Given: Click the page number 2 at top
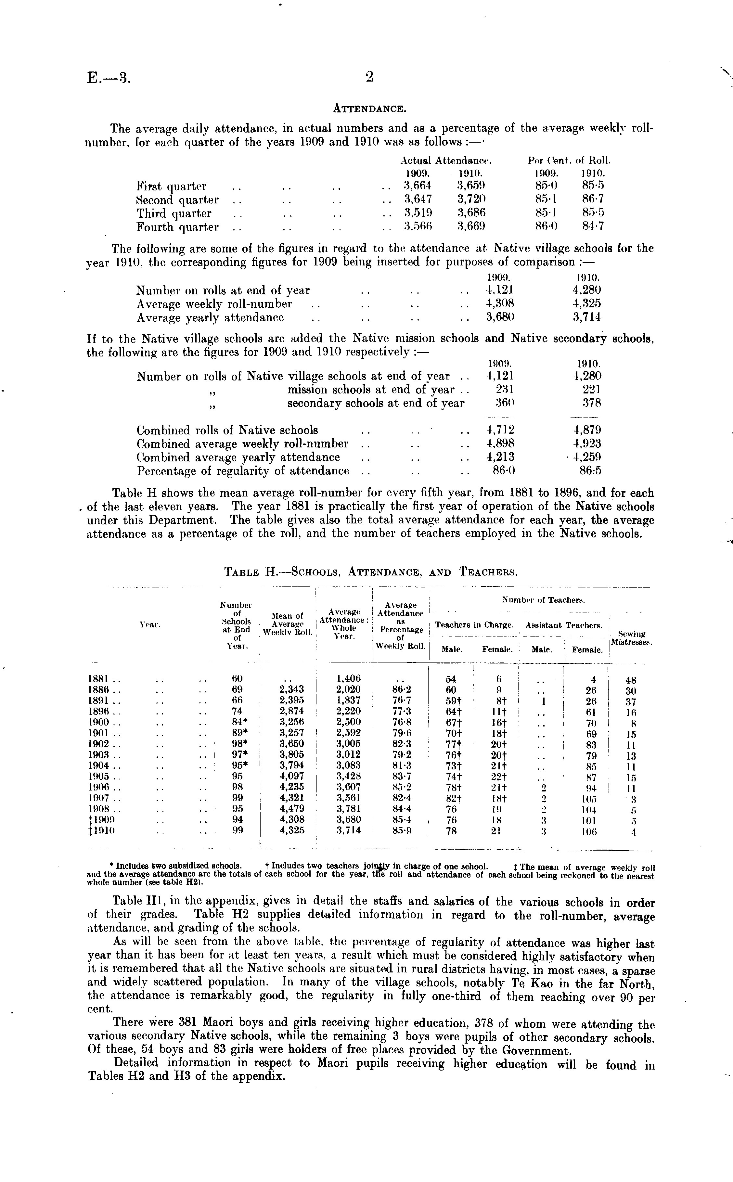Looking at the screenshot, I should (x=370, y=77).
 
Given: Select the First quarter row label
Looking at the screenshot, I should (x=171, y=186).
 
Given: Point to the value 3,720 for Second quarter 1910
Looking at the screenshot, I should (x=471, y=199).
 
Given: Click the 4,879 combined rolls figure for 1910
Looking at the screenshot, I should (x=586, y=430).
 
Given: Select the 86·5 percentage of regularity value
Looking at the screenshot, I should (x=590, y=470).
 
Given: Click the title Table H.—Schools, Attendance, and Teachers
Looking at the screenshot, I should (x=371, y=572).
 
